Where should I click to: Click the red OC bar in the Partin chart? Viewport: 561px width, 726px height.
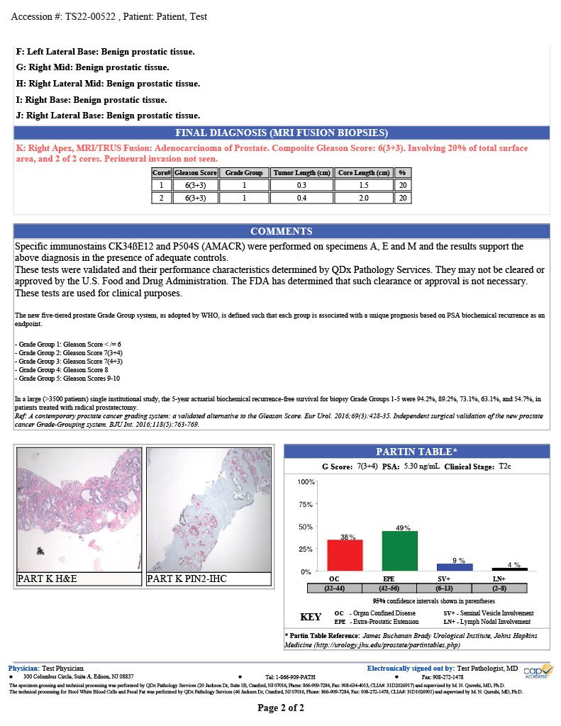coord(345,556)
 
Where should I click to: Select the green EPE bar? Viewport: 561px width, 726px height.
coord(400,552)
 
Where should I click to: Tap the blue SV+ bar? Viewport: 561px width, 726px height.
coord(455,567)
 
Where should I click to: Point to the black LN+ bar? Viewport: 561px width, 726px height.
coord(510,569)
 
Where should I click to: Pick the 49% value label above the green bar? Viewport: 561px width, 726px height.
coord(402,528)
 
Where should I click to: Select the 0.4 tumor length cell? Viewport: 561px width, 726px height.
coord(302,198)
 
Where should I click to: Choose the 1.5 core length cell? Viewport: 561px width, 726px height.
coord(364,185)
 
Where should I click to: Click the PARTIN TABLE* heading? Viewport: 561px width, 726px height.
coord(416,452)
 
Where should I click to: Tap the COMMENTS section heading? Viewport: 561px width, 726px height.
coord(281,231)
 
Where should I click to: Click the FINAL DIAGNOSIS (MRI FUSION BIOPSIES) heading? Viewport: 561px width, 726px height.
coord(281,133)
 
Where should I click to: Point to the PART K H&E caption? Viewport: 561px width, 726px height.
coord(47,579)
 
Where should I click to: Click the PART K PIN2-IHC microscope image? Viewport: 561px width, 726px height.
coord(209,509)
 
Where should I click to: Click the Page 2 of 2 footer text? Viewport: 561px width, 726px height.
coord(281,708)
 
